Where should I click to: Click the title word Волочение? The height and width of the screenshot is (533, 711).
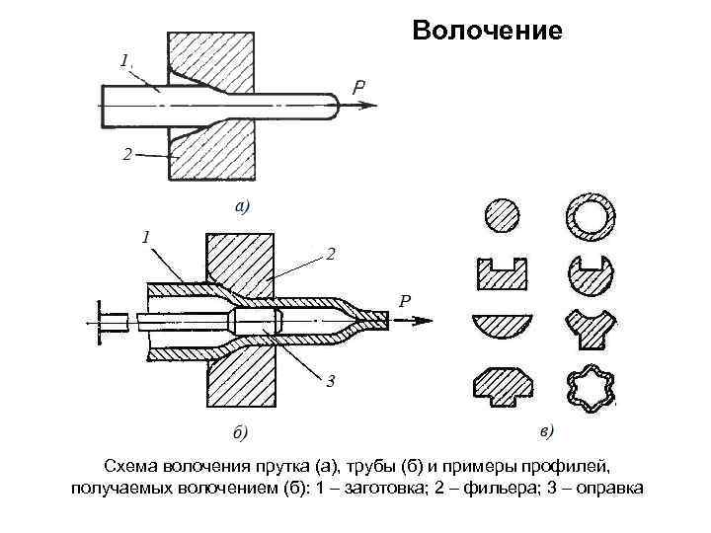[487, 31]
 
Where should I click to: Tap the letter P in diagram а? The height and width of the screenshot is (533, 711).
[360, 87]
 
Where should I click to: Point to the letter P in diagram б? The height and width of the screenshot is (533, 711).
[405, 302]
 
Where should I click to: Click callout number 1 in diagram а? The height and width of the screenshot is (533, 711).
[124, 60]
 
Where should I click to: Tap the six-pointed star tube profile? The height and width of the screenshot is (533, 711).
[591, 388]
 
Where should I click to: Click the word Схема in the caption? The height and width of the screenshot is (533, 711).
[133, 465]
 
